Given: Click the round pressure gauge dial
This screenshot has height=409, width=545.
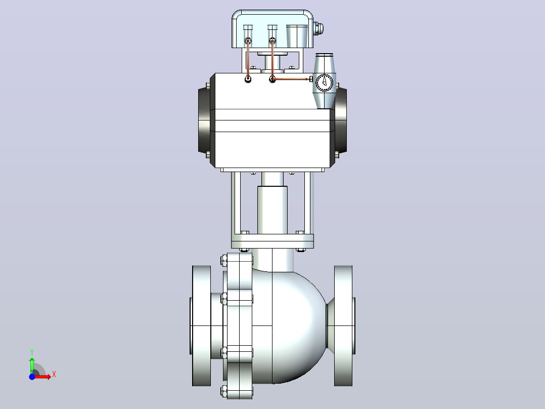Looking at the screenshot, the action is [x=325, y=83].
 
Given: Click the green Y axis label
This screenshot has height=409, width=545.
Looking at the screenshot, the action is [x=32, y=352].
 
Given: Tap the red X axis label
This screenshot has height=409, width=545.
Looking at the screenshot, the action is [x=54, y=375].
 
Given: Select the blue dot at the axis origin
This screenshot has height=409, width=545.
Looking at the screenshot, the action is [x=32, y=377].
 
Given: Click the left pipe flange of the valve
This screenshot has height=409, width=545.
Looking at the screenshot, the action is [x=202, y=326].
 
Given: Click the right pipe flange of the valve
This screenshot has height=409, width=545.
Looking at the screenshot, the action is [x=343, y=326].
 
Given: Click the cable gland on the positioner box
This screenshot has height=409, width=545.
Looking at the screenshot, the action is [x=319, y=28].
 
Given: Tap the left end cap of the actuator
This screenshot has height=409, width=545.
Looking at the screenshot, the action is [x=204, y=120].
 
